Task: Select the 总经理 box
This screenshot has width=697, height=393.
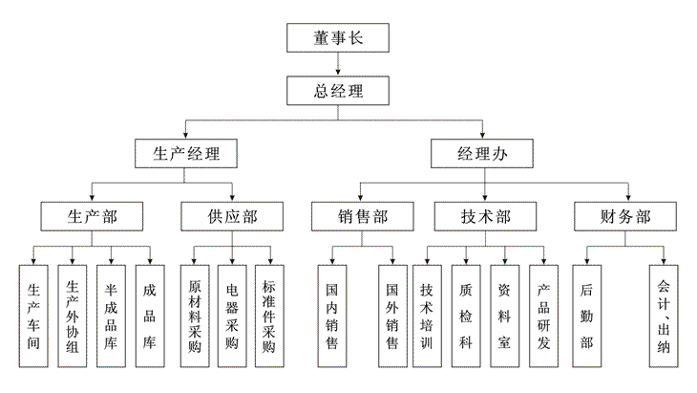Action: [x=337, y=92]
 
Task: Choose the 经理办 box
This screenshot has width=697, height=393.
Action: [x=482, y=153]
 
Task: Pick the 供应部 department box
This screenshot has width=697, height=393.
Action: [x=232, y=216]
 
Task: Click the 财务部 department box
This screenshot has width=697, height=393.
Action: [x=625, y=216]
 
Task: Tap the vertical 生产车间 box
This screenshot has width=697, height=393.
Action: [x=34, y=317]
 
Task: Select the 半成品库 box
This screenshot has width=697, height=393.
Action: [x=111, y=317]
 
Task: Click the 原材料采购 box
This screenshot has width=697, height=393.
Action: [x=195, y=317]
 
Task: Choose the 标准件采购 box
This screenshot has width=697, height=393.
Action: [x=269, y=317]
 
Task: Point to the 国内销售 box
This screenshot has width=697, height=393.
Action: [x=332, y=317]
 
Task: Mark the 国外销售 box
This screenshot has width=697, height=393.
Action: [x=392, y=317]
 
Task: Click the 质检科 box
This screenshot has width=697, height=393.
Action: [x=466, y=317]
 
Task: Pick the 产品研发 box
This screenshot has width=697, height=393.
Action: [x=543, y=317]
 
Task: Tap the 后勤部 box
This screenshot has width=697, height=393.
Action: [x=587, y=317]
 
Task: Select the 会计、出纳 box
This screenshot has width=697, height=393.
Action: [x=664, y=317]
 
